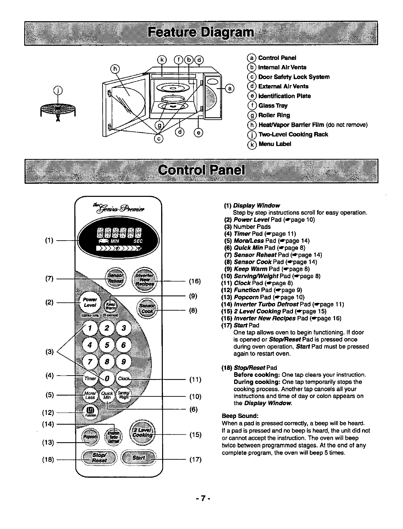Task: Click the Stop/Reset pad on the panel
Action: pyautogui.click(x=100, y=458)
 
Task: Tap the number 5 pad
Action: pyautogui.click(x=107, y=345)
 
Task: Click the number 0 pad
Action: pyautogui.click(x=107, y=379)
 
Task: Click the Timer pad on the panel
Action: pyautogui.click(x=90, y=379)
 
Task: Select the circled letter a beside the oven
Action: pyautogui.click(x=229, y=89)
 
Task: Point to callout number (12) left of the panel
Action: pyautogui.click(x=48, y=412)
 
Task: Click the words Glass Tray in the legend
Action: pyautogui.click(x=273, y=106)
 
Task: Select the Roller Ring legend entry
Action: pyautogui.click(x=274, y=115)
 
